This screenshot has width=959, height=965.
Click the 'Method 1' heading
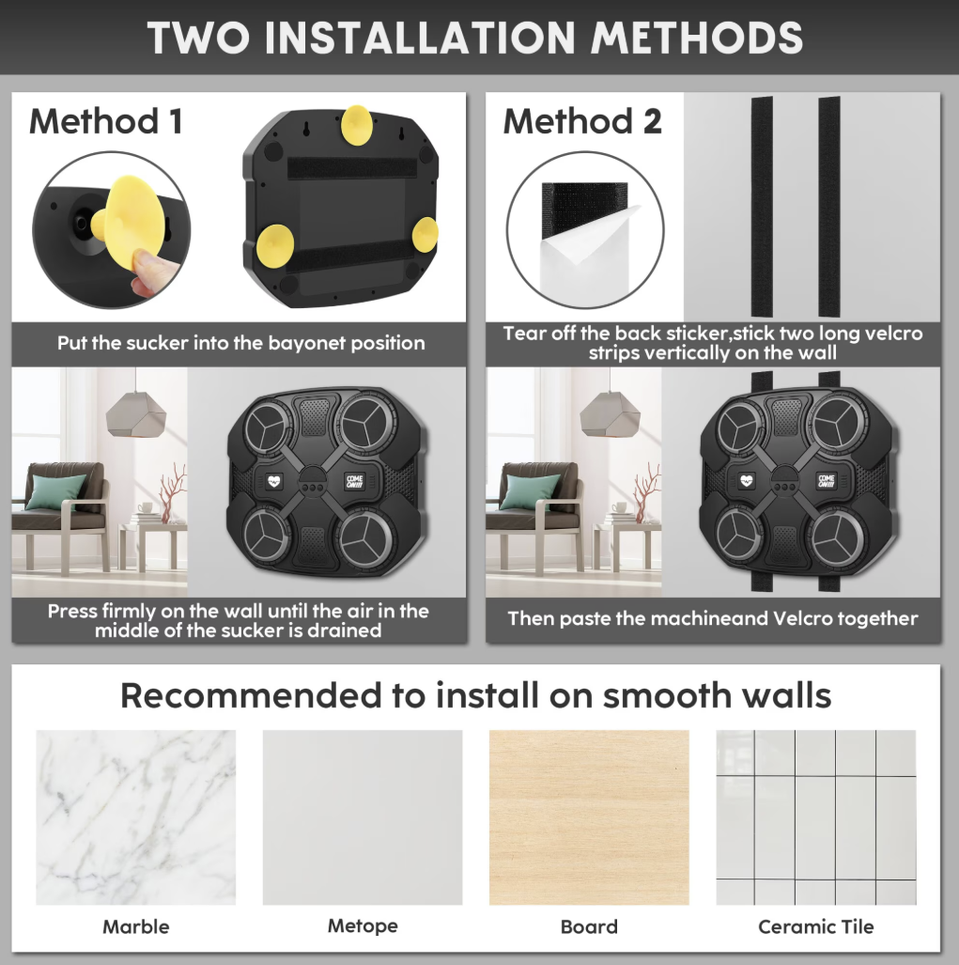[106, 121]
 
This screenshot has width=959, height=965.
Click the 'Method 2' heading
[582, 121]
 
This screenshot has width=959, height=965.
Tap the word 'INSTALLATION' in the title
[420, 39]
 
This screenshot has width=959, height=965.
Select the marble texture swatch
[135, 817]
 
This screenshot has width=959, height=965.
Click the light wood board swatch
[589, 817]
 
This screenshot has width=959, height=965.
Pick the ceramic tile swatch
[815, 817]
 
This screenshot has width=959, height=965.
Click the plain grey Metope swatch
[363, 817]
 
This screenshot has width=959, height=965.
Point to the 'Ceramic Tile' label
[815, 926]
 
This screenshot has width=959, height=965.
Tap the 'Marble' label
[135, 926]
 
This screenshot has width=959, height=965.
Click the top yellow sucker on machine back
[356, 126]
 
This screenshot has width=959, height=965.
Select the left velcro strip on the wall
[762, 206]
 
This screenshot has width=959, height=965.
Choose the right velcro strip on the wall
[829, 206]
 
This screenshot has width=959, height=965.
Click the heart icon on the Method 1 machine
[274, 481]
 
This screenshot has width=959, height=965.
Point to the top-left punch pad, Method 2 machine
[741, 424]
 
